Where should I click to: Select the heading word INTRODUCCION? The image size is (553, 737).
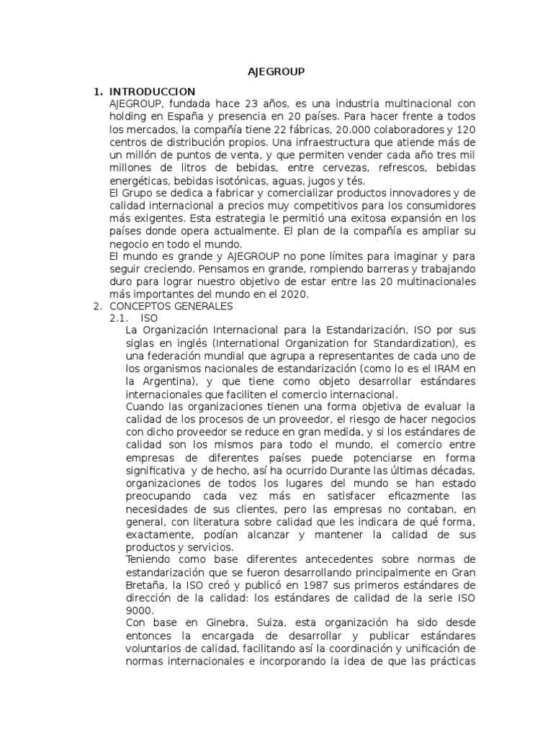tap(152, 91)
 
